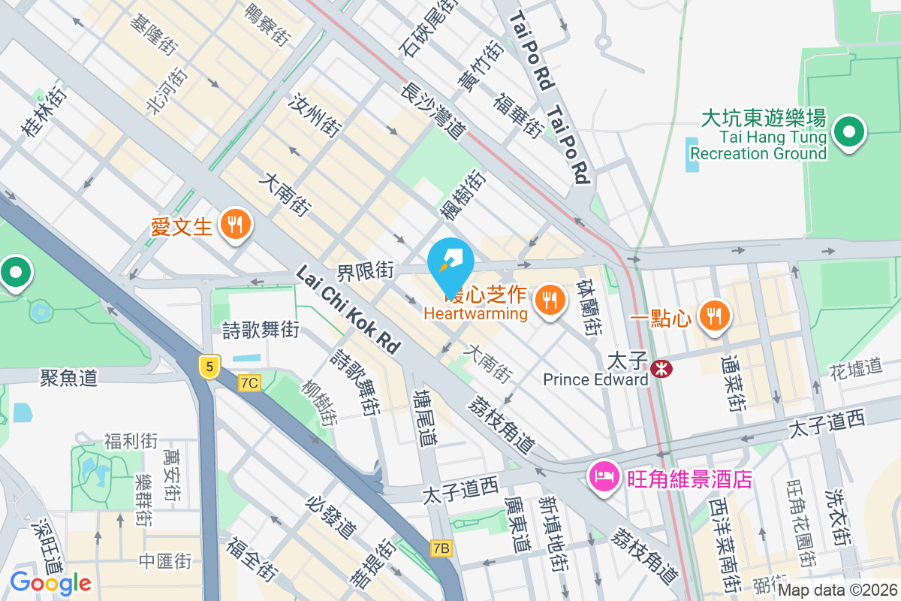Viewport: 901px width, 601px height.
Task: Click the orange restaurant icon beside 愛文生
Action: pyautogui.click(x=236, y=224)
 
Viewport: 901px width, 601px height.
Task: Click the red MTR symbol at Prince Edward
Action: pyautogui.click(x=661, y=368)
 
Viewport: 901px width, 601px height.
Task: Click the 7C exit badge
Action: pyautogui.click(x=249, y=383)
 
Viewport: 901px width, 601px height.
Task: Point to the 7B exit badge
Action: pyautogui.click(x=441, y=548)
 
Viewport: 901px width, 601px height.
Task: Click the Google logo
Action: pyautogui.click(x=50, y=582)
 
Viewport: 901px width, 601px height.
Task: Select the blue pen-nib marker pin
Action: pyautogui.click(x=450, y=260)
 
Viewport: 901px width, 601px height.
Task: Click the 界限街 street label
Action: pyautogui.click(x=366, y=270)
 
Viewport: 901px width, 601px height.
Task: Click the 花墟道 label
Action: pyautogui.click(x=855, y=367)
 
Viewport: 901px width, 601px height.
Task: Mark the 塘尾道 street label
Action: pyautogui.click(x=426, y=417)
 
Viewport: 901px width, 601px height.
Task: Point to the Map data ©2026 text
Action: pyautogui.click(x=837, y=590)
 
